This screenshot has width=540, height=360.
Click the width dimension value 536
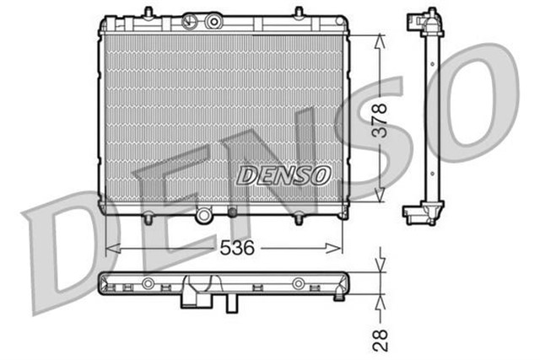click(x=235, y=247)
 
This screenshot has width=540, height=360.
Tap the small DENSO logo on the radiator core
click(x=283, y=175)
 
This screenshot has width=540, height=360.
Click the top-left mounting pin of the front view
click(x=148, y=12)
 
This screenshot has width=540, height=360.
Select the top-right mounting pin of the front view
click(x=298, y=12)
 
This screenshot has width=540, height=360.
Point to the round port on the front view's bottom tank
click(x=202, y=217)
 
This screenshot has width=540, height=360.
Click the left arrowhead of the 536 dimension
click(x=108, y=248)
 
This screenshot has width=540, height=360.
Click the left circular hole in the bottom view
click(x=148, y=282)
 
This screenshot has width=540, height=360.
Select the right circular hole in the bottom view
click(x=298, y=282)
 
